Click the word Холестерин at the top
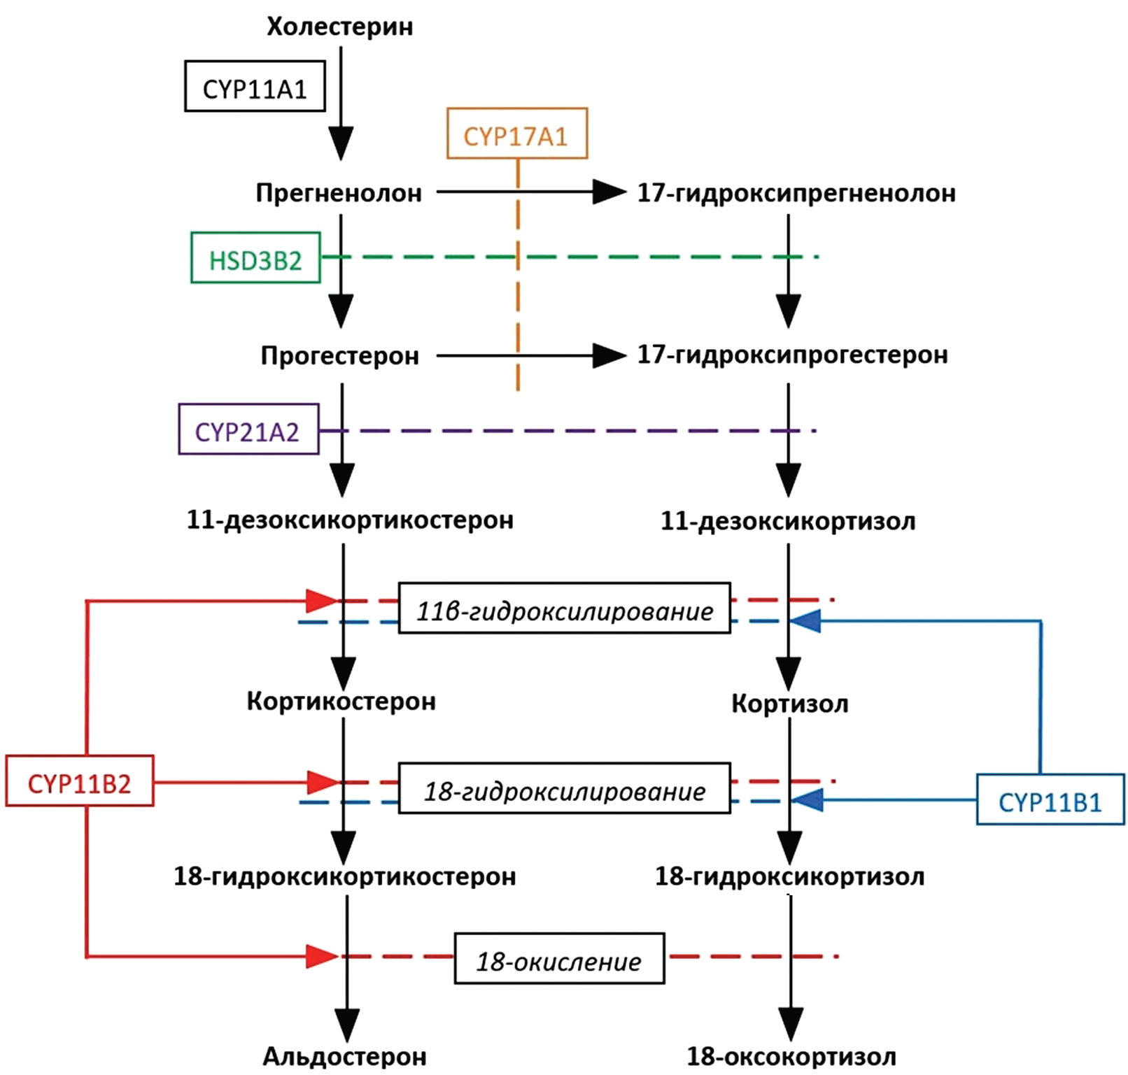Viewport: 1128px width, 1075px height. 340,27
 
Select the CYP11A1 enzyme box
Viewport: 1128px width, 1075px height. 255,87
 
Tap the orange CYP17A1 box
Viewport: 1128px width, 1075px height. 516,134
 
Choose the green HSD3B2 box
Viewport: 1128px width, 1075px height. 255,258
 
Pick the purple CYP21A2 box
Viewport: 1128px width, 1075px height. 248,429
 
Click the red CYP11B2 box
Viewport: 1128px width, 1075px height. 79,781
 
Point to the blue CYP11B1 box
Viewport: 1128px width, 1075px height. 1050,799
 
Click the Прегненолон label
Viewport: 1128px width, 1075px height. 339,192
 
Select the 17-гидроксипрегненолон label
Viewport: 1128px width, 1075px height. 796,192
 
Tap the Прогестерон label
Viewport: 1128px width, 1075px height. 340,355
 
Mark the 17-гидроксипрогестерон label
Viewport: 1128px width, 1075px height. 792,355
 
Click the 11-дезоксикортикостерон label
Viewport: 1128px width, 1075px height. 350,520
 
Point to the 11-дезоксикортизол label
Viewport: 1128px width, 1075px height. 788,521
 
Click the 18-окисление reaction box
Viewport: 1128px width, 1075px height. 559,959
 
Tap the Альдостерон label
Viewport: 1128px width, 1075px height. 344,1055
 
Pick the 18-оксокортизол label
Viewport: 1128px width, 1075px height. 791,1055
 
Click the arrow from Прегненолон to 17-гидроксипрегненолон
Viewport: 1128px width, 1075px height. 532,191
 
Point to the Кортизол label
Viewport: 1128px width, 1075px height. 789,703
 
